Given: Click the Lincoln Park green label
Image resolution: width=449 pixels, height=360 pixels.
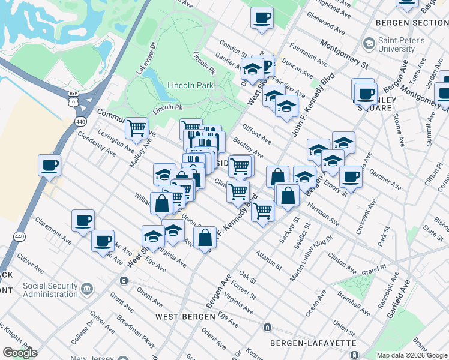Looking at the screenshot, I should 191,85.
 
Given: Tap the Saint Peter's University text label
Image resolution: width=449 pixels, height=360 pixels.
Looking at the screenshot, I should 402,45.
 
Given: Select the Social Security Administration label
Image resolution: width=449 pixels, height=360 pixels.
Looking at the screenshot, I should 50,290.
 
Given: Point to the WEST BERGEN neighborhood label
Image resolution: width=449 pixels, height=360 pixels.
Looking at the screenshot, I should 185,316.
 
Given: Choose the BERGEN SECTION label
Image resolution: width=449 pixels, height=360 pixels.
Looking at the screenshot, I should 411,23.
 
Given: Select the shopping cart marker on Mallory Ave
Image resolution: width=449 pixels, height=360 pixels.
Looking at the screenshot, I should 137,127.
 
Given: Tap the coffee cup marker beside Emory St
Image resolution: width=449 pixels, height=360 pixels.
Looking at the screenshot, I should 351,176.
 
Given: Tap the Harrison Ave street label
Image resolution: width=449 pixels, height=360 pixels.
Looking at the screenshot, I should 324,213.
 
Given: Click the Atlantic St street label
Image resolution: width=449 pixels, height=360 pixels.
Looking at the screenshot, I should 268,259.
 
